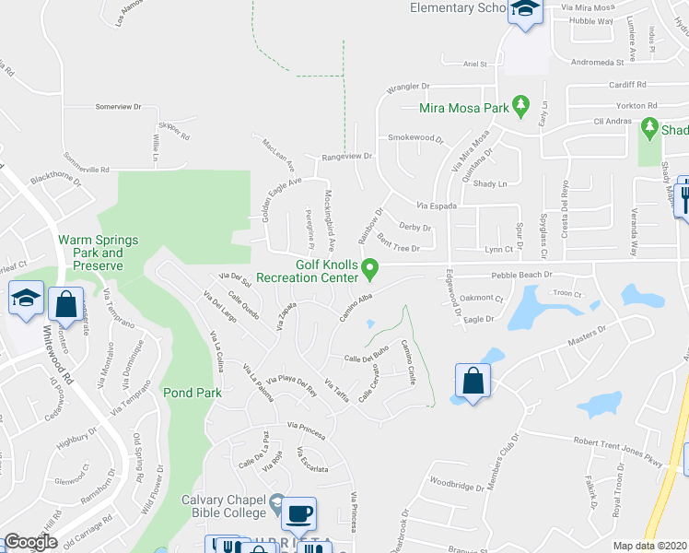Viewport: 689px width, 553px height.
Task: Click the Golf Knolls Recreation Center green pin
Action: click(371, 270)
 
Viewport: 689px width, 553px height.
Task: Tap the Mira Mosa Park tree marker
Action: click(521, 106)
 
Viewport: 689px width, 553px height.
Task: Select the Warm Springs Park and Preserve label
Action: click(99, 253)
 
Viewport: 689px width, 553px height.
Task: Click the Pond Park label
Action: click(193, 392)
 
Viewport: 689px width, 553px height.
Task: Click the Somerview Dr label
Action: click(118, 107)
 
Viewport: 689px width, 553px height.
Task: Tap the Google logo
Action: click(30, 542)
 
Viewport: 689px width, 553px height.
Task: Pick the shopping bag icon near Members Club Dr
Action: click(473, 382)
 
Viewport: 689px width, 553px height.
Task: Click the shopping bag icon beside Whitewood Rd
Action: click(66, 303)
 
